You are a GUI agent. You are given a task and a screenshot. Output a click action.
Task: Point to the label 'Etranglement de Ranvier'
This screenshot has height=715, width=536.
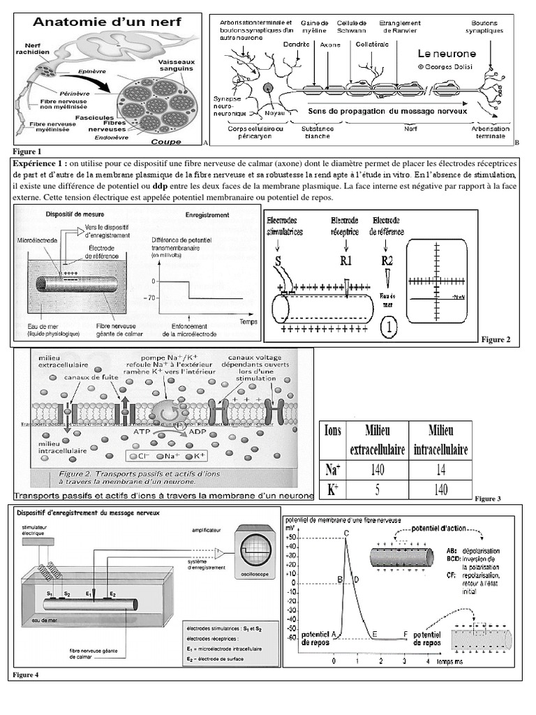pyautogui.click(x=400, y=27)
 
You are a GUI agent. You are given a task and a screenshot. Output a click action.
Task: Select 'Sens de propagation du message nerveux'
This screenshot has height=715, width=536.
pyautogui.click(x=387, y=110)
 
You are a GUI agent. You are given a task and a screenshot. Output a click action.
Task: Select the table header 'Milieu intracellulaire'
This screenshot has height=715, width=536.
pyautogui.click(x=440, y=439)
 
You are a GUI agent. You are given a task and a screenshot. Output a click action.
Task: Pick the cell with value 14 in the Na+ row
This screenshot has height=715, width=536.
pyautogui.click(x=440, y=469)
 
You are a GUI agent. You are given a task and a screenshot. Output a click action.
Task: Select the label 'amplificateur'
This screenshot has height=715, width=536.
pyautogui.click(x=205, y=531)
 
